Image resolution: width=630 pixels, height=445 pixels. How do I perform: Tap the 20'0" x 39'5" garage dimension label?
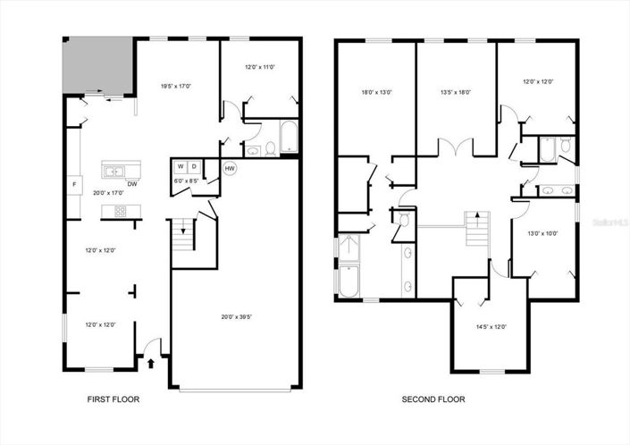click(x=237, y=315)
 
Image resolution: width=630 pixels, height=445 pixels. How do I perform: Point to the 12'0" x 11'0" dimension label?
click(x=260, y=67)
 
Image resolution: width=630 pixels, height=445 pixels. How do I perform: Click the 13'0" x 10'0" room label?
click(x=542, y=234)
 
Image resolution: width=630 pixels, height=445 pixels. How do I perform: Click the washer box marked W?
click(x=180, y=166)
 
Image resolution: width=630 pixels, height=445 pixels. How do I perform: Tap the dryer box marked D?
click(x=194, y=166)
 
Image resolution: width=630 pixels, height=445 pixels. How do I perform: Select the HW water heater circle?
click(x=230, y=168)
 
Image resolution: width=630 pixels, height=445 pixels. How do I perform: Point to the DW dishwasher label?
click(x=131, y=184)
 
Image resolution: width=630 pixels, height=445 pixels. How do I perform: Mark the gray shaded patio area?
click(x=97, y=64)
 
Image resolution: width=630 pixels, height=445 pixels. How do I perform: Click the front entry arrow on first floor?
click(x=150, y=362)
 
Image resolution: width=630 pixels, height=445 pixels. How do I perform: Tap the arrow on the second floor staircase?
click(x=477, y=216)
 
